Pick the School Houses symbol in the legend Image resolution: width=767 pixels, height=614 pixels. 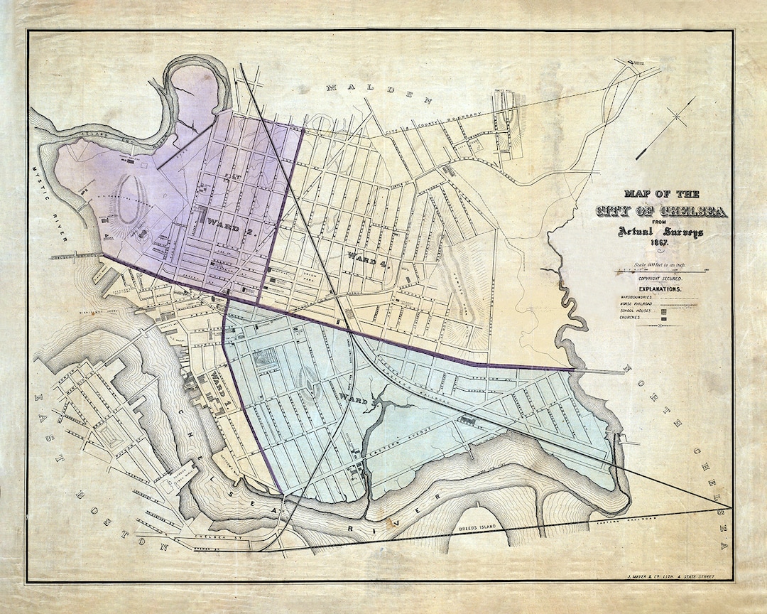pos(664,311)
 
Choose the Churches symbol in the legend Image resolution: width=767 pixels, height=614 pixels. pos(664,318)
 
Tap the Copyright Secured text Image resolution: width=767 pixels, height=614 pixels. pos(659,279)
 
